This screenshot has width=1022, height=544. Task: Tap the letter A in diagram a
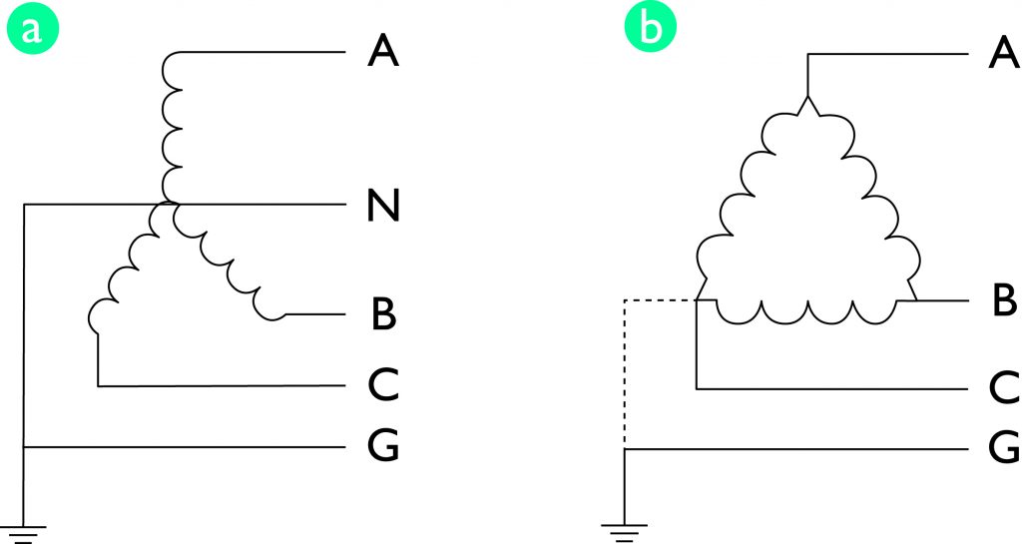[x=383, y=51]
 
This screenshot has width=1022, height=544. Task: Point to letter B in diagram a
[x=383, y=314]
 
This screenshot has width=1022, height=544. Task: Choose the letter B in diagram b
[x=1002, y=300]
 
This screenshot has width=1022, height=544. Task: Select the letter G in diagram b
[x=1001, y=449]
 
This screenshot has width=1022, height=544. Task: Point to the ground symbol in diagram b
[x=624, y=532]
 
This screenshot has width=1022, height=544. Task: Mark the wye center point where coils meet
[x=170, y=206]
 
